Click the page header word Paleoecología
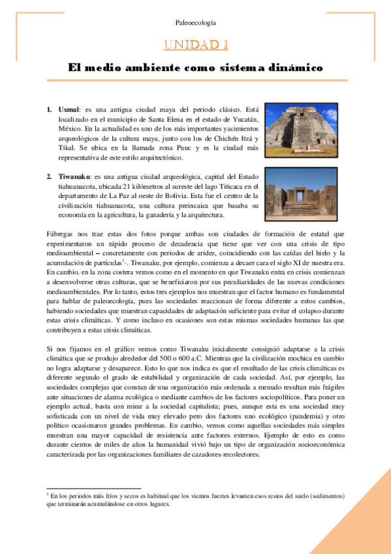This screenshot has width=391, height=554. (195, 23)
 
